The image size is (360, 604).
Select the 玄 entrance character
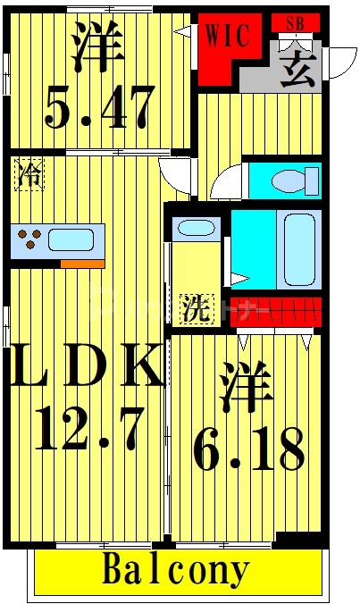(x=297, y=68)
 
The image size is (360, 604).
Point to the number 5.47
(x=99, y=107)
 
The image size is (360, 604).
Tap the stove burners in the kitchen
(x=29, y=239)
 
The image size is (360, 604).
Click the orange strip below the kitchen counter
(x=82, y=263)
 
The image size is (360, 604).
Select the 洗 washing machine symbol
(x=196, y=309)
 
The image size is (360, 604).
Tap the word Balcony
(x=177, y=569)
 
